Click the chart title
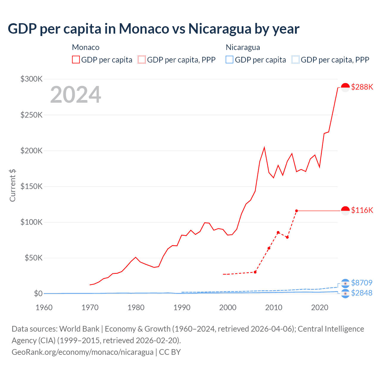coord(154,29)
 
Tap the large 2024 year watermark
coord(76,95)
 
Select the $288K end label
coord(362,87)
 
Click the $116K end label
coord(362,210)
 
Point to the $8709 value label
coord(362,282)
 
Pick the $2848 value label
coord(362,293)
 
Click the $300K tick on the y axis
coord(32,79)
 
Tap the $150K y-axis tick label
coord(32,186)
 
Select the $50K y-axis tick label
coord(33,258)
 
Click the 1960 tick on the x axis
coord(44,307)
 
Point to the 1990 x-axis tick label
coord(182,307)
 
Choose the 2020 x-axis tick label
coord(320,307)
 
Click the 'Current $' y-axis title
coord(13,185)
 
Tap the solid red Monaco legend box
coord(76,60)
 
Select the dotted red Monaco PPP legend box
coord(142,60)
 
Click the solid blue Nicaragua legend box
coord(229,60)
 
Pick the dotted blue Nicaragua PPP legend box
coord(296,60)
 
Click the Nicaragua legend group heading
coord(243,47)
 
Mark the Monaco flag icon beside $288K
coord(345,87)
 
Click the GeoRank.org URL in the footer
coord(82,352)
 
